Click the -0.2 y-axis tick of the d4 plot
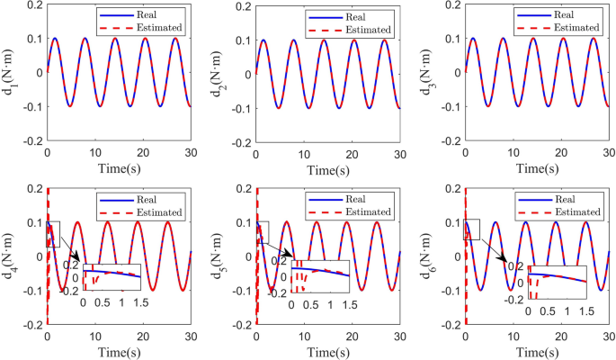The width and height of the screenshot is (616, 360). point(31,324)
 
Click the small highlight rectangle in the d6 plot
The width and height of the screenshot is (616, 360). point(471,229)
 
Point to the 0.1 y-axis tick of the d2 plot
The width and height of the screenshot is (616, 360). point(242,40)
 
